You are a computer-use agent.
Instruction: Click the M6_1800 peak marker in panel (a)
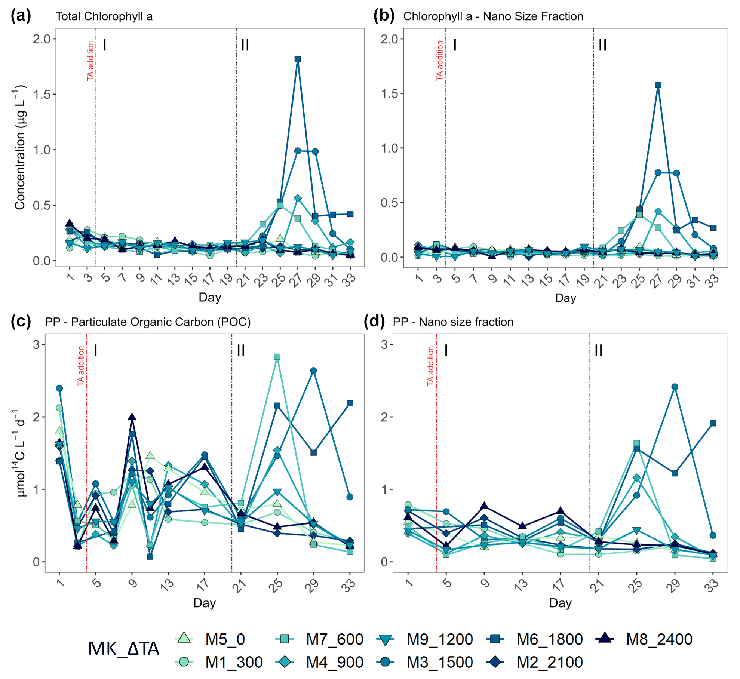(x=298, y=59)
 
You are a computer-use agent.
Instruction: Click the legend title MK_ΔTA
(x=124, y=649)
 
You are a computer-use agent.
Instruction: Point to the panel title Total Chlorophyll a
(x=104, y=16)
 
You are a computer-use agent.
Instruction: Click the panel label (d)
(x=374, y=322)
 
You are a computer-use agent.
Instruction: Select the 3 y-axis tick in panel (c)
(x=36, y=344)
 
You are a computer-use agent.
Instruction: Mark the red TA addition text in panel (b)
(x=440, y=61)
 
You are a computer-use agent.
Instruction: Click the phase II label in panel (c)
(x=241, y=350)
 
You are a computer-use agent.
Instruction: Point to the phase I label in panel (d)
(x=446, y=350)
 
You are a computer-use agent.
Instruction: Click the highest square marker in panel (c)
(x=277, y=357)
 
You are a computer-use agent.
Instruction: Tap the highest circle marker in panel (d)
(x=675, y=387)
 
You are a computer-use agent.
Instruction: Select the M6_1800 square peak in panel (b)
(x=658, y=85)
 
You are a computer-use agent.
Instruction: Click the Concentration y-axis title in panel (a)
(x=20, y=148)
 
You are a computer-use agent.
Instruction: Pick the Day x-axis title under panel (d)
(x=560, y=603)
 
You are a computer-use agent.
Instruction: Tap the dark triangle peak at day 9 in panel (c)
(x=132, y=417)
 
